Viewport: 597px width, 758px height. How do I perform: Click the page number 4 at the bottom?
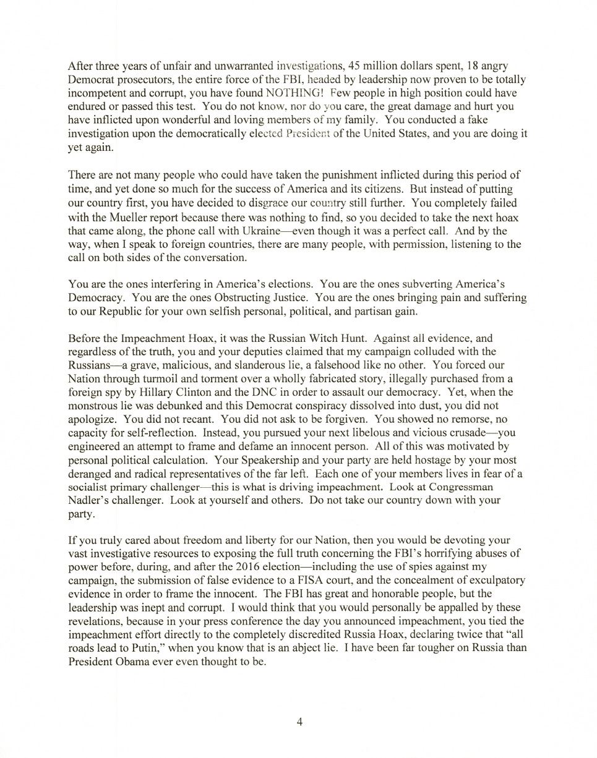(299, 722)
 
